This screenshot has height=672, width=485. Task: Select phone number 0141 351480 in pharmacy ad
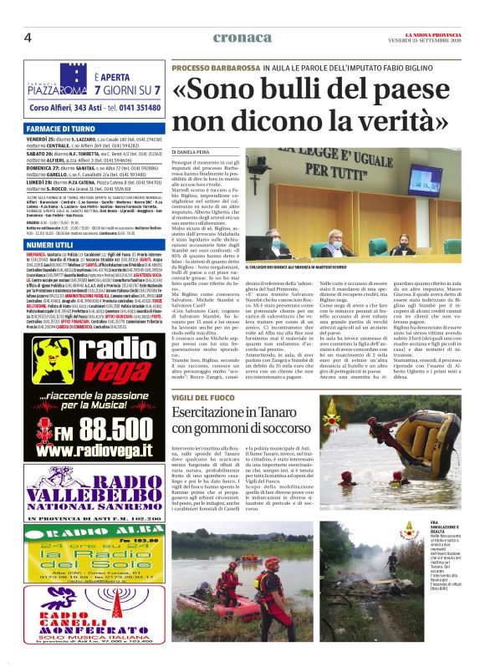(x=135, y=108)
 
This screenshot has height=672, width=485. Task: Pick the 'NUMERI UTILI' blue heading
(x=48, y=243)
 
